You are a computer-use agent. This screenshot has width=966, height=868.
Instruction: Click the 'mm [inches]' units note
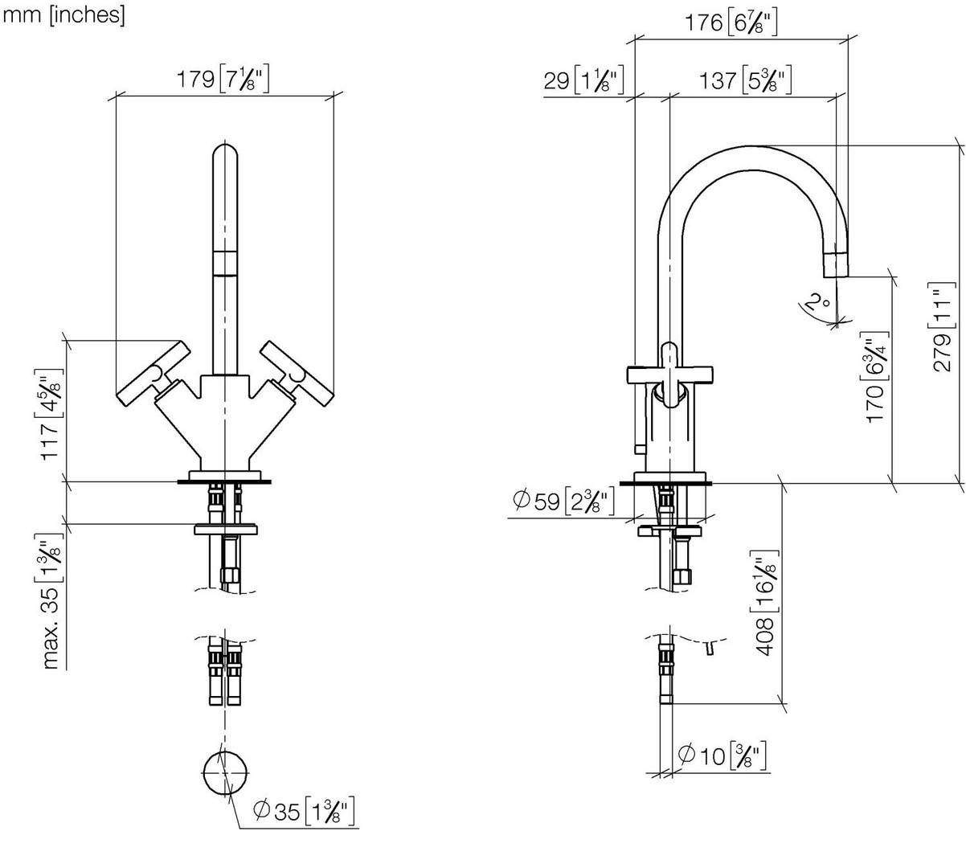coord(63,14)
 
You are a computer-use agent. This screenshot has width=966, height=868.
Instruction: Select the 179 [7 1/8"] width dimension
coord(223,80)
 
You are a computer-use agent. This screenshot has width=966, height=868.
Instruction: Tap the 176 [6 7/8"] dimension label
coord(731,23)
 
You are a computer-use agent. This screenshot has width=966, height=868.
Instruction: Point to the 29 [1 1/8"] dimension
coord(583,80)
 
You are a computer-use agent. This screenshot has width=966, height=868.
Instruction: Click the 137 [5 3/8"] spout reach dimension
coord(745,80)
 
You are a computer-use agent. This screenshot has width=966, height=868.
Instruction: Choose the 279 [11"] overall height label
coord(942,327)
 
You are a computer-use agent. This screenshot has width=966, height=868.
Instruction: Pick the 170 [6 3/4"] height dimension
coord(875,377)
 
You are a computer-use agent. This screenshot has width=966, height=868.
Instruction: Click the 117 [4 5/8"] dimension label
coord(49,414)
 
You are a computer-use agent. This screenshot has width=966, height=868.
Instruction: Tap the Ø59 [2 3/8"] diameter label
coord(563,501)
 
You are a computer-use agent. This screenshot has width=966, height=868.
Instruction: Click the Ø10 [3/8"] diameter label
coord(722,755)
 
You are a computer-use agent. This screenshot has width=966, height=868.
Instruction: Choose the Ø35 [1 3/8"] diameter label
coord(305,811)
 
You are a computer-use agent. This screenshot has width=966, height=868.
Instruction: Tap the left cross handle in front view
coord(153,374)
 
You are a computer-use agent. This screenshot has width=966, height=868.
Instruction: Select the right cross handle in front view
coord(297,374)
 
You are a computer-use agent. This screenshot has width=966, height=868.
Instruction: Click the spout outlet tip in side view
coord(835,265)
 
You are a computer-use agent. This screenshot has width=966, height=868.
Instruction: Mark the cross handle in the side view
coord(669,375)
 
